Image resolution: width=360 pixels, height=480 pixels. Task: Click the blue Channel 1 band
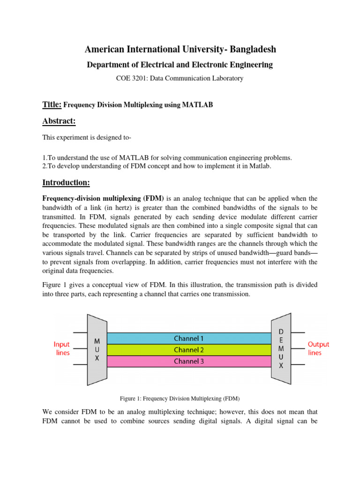click(x=189, y=338)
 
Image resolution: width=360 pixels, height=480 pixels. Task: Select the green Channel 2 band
click(x=189, y=350)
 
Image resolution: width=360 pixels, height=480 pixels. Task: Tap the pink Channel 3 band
click(x=189, y=361)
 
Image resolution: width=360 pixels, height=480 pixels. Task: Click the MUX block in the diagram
click(x=97, y=350)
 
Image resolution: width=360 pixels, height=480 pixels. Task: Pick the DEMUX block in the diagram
click(x=281, y=349)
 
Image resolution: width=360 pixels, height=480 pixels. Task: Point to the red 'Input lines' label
click(x=61, y=348)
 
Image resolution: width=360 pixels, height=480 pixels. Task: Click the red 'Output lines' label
click(x=318, y=348)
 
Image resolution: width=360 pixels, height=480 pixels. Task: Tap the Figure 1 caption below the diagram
click(x=180, y=398)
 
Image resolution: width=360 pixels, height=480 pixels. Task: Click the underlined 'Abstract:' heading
click(x=59, y=122)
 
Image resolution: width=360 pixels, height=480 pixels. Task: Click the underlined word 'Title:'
click(x=52, y=105)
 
